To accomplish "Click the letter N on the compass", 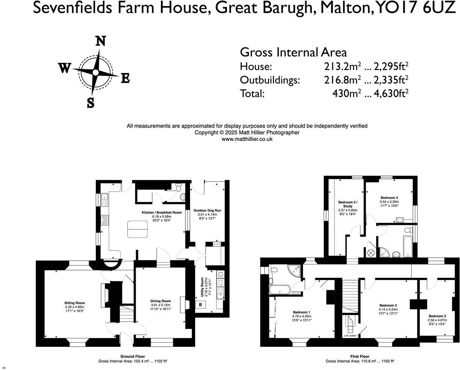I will click(100, 41).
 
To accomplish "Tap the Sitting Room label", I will click(74, 303).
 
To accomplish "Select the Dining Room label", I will click(160, 301).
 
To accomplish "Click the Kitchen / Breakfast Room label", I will click(162, 212).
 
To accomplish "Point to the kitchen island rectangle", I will click(138, 229).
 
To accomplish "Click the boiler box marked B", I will click(200, 304).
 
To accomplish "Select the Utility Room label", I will click(202, 288).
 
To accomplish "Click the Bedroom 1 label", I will click(301, 312).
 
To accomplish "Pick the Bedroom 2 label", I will click(388, 305).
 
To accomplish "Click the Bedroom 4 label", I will click(389, 198).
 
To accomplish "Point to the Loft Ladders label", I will click(350, 335).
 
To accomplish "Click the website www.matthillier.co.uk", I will click(247, 139).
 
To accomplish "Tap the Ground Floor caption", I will click(132, 356).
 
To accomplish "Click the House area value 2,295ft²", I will click(390, 67).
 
